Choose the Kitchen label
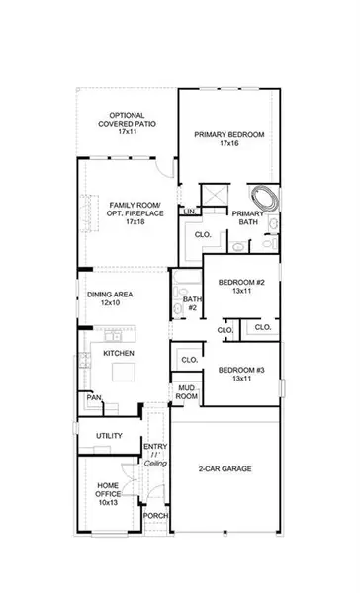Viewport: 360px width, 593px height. point(118,353)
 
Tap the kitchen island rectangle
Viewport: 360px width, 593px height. point(125,374)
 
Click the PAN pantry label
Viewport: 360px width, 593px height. point(94,399)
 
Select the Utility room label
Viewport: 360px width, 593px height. point(110,436)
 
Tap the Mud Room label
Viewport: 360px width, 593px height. point(185,391)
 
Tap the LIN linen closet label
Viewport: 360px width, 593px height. point(188,212)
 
